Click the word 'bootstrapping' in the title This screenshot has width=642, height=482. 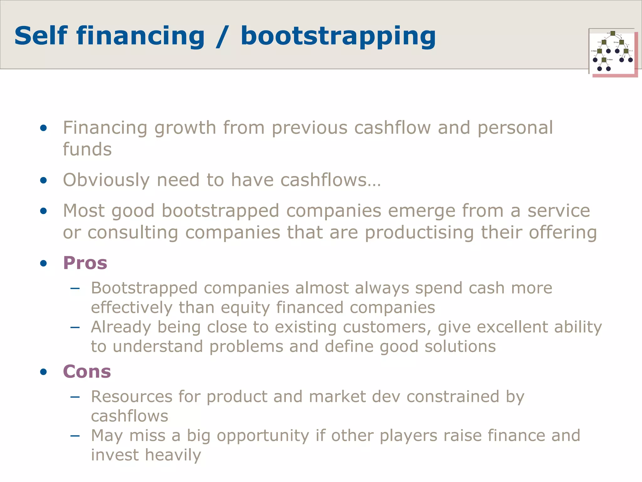coord(338,37)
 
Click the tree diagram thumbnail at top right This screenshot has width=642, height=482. coord(613,52)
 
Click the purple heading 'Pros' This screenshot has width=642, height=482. coord(85,263)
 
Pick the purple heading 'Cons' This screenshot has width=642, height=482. coord(87,372)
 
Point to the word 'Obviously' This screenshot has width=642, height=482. coord(106,180)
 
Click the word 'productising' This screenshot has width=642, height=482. coord(419,233)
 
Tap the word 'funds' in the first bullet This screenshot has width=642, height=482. coord(87,149)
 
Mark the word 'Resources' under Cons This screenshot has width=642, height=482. coord(132,396)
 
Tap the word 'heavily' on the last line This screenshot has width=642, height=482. coord(173,455)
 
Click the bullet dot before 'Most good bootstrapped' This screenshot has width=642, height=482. coord(44,211)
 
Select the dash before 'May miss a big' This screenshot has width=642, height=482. coord(75,436)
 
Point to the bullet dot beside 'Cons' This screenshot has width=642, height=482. coord(44,372)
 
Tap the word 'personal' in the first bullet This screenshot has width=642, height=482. coord(515,128)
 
